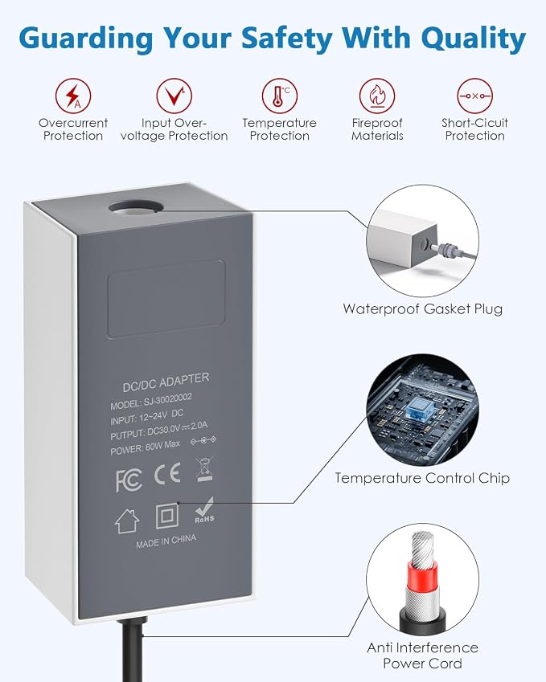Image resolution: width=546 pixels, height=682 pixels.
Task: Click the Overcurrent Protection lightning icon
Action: pos(73,96)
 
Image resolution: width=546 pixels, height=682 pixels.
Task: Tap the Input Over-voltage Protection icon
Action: pos(174,96)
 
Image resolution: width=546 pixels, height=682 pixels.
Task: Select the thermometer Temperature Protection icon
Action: pos(280,96)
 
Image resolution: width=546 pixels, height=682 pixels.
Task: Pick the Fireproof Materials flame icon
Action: pos(377,96)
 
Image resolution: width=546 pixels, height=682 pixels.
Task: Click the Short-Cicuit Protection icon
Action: pos(474,96)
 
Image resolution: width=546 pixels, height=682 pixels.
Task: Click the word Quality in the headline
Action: pos(474,39)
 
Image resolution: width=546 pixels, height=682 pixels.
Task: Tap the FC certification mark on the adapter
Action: pos(129,481)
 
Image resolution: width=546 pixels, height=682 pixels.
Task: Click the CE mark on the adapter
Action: pos(167,474)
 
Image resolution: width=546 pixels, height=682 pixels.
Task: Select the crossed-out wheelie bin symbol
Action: pos(204,469)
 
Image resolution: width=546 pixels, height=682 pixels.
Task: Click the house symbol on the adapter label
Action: pos(127,521)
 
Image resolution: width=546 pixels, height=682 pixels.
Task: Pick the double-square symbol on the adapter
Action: pos(167,516)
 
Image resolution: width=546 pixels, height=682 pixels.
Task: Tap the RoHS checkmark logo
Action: pos(204,510)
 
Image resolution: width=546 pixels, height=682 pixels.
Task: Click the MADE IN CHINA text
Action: pos(166,541)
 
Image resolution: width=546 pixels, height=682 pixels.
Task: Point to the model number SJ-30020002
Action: pos(167,400)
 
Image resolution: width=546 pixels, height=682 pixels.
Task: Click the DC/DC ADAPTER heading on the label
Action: pos(166,382)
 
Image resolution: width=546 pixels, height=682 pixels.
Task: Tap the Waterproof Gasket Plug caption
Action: pos(423,308)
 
